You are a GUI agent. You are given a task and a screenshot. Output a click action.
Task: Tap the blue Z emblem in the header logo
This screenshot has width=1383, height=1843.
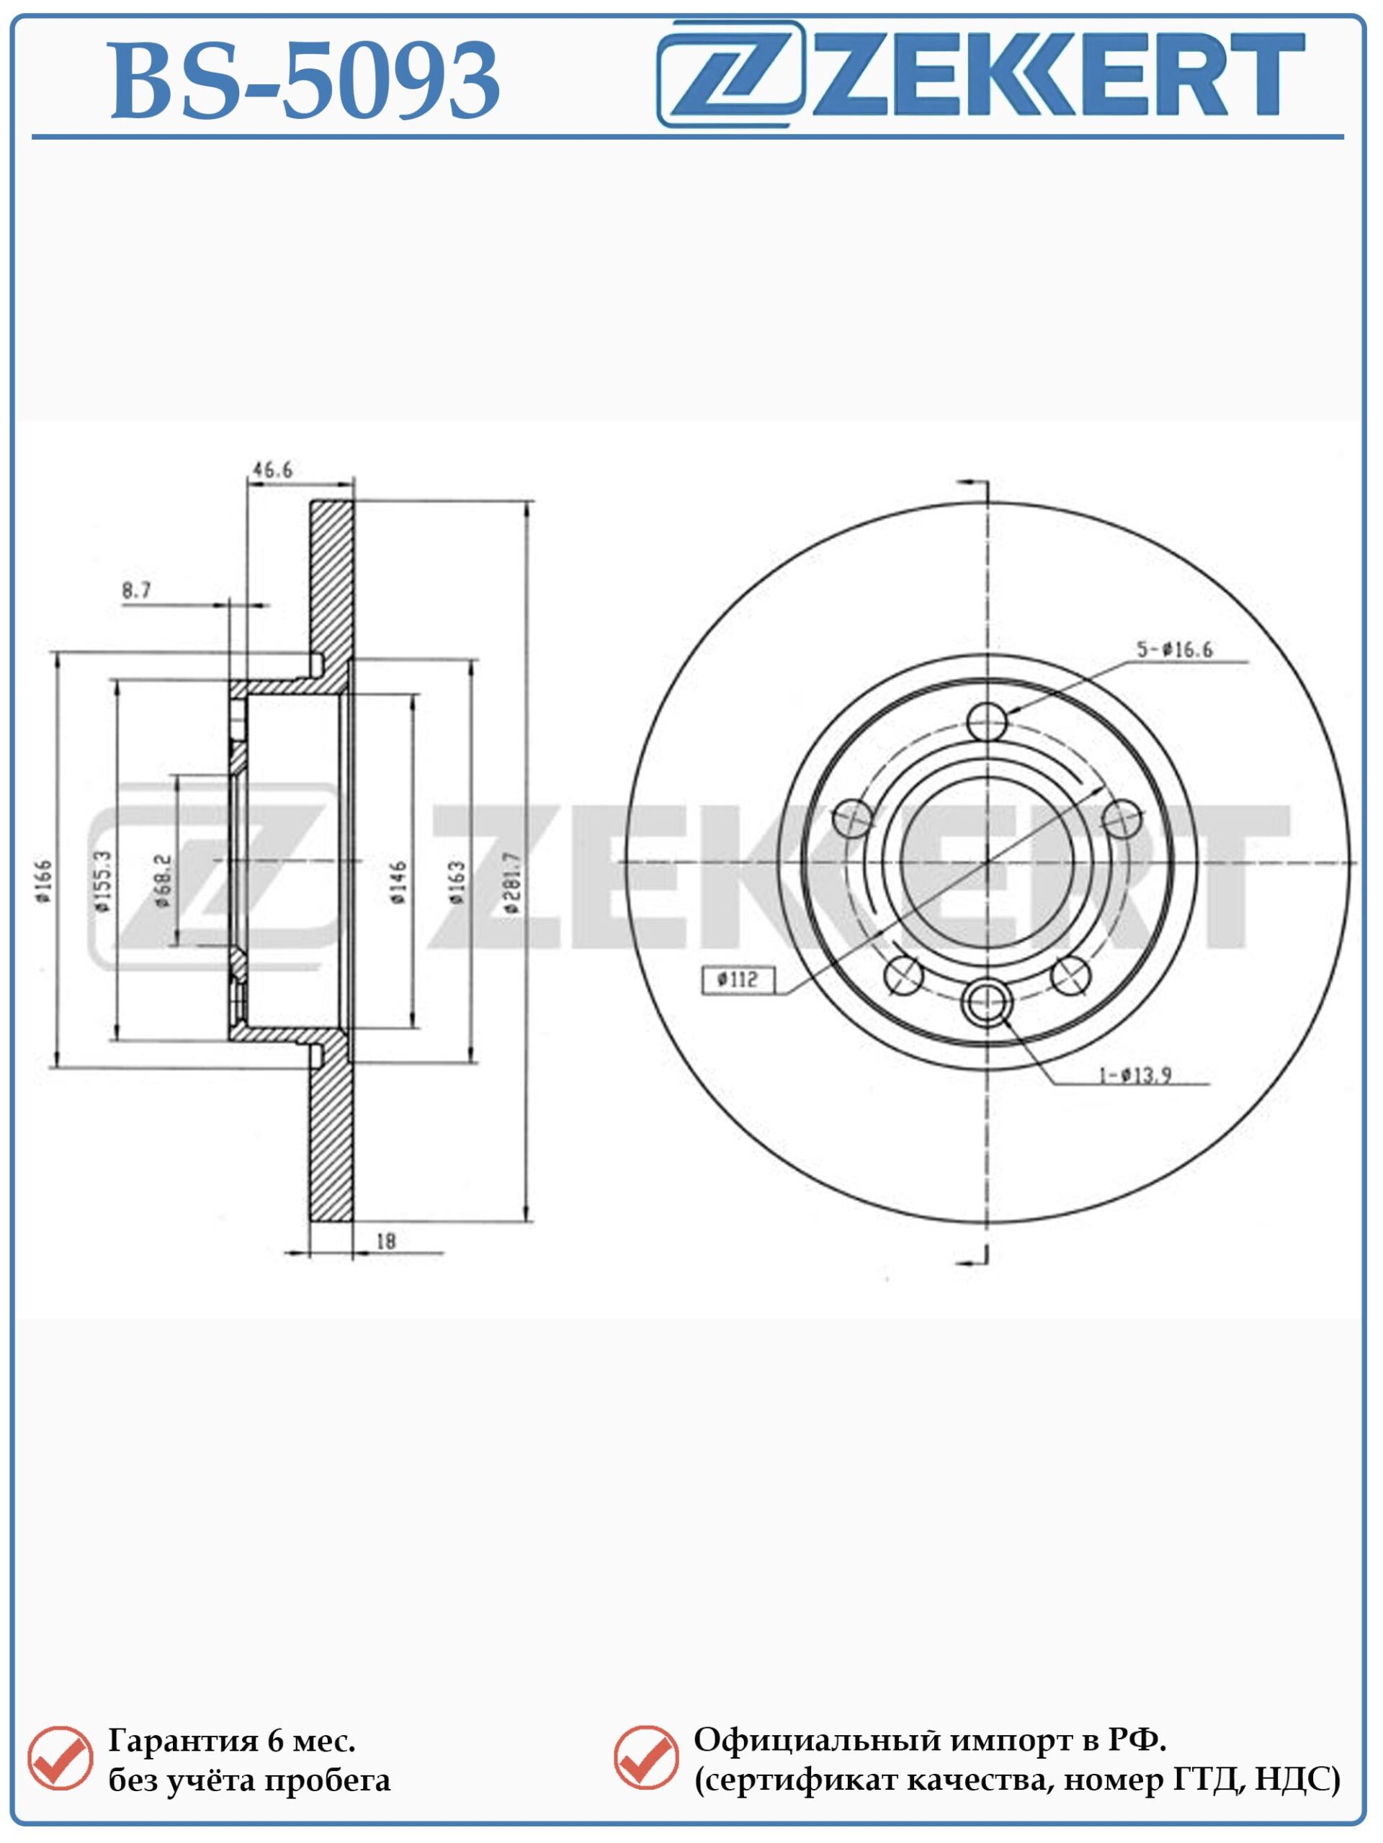tap(732, 73)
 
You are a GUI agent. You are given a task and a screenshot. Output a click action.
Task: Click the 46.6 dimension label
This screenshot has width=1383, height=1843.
tap(272, 470)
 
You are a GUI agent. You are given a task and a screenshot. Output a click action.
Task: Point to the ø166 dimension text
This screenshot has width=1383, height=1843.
tap(43, 881)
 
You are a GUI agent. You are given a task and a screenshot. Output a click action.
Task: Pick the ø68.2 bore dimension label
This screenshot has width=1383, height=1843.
tap(163, 880)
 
